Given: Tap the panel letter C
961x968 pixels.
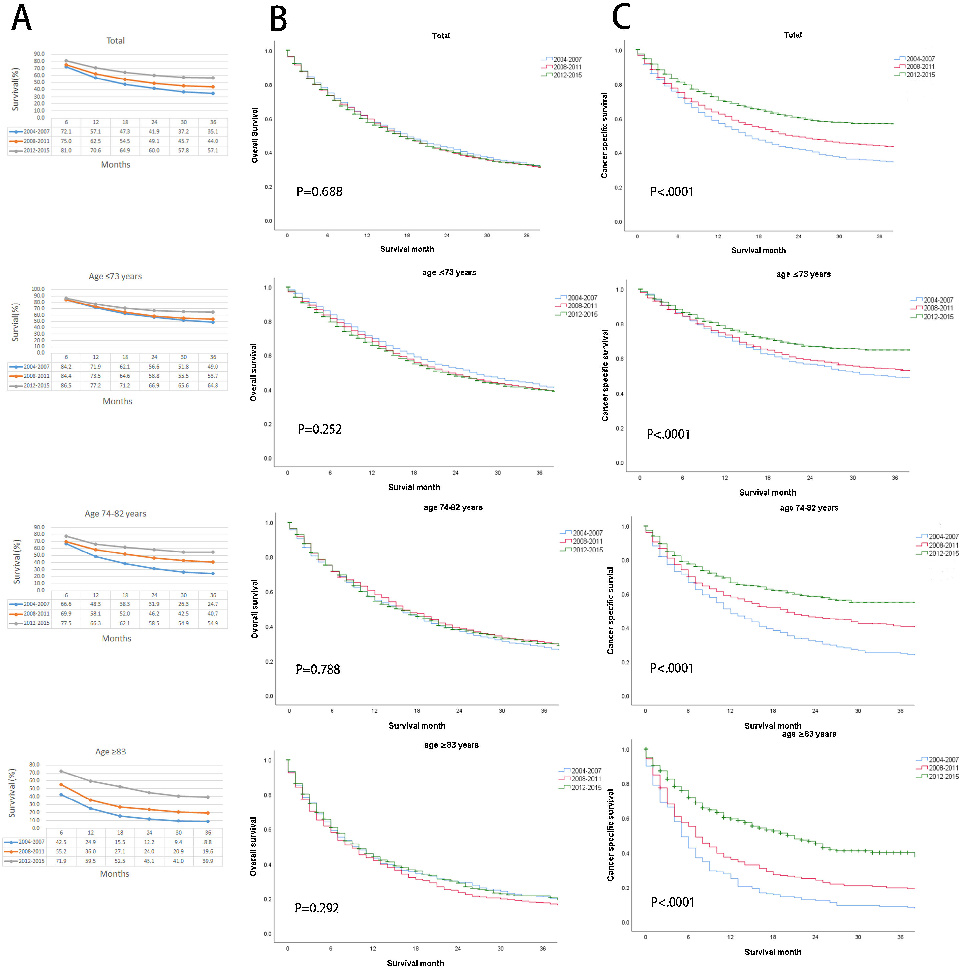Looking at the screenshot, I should (x=621, y=18).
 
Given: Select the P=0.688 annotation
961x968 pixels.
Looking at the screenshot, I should (x=319, y=192).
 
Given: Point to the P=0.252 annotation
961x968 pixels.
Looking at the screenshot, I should (x=320, y=429).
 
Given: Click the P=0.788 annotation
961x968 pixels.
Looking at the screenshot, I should (x=318, y=669).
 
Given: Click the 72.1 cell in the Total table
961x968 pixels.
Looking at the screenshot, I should (x=66, y=132).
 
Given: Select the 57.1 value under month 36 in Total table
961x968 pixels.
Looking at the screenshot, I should (x=213, y=151).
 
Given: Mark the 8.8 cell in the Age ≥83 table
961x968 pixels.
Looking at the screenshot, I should (x=208, y=842).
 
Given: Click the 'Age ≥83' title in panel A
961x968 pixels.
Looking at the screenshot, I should (x=110, y=752).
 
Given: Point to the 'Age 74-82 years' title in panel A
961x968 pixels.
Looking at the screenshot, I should (x=115, y=513).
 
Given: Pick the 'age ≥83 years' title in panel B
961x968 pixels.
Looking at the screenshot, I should (x=451, y=745).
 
